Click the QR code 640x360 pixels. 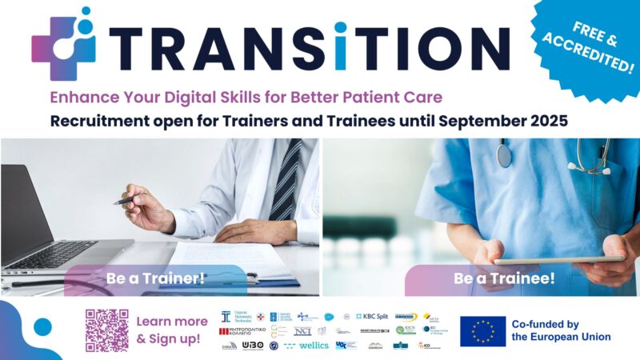106,330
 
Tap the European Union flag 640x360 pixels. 482,330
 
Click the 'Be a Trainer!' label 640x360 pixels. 155,278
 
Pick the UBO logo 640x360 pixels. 252,345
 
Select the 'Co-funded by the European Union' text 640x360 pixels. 565,330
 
